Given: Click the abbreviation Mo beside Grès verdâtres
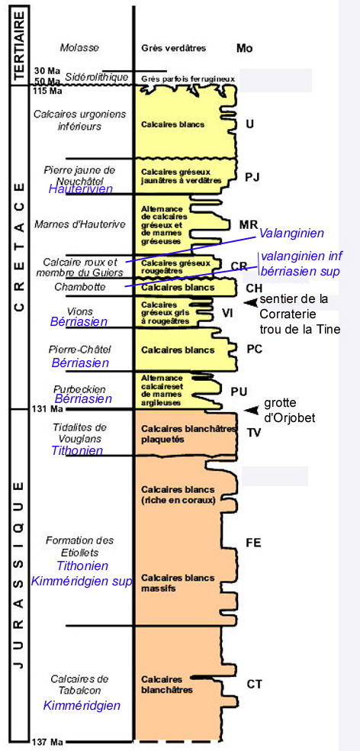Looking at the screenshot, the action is [x=244, y=47].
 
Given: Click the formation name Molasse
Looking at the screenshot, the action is [x=79, y=47].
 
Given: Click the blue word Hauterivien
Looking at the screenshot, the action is [x=80, y=189].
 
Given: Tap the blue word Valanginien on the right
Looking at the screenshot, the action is [x=291, y=234].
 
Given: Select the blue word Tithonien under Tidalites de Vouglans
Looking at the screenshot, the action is [x=77, y=450].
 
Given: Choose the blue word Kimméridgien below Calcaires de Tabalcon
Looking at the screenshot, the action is [x=82, y=705].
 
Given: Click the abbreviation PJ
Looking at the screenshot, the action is [x=252, y=178].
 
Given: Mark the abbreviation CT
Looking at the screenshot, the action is [x=254, y=684].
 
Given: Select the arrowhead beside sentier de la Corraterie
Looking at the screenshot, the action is [x=250, y=302].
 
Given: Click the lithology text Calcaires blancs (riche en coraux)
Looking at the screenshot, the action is [x=178, y=495].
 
